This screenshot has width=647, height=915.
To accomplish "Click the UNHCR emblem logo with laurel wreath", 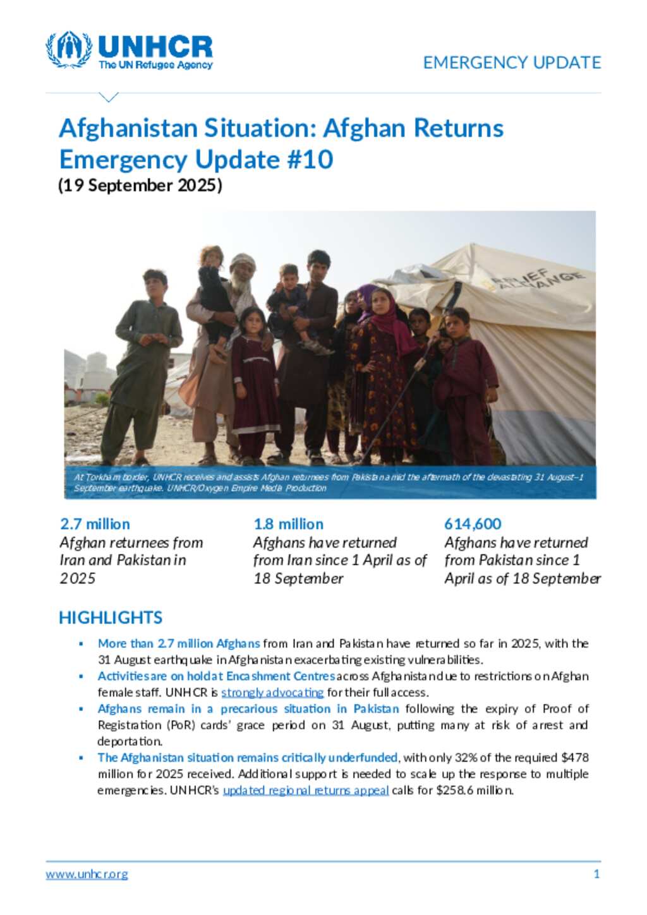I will (x=68, y=50).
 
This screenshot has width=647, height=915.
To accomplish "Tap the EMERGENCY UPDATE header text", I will (x=512, y=63).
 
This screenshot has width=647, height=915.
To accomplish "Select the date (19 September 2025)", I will (x=140, y=185).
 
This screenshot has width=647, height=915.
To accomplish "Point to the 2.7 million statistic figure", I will (x=95, y=524).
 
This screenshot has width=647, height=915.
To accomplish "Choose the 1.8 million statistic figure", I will (x=288, y=524).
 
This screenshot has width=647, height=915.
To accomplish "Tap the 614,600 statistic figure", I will (x=473, y=524).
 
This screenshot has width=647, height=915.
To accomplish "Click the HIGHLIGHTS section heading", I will (x=111, y=617).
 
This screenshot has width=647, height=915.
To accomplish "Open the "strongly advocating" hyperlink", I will (x=272, y=693).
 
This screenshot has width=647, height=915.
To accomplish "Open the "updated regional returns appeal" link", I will (x=306, y=791).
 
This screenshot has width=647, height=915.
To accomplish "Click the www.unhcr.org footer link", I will (x=87, y=875).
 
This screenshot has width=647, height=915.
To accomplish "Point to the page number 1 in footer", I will (x=596, y=875).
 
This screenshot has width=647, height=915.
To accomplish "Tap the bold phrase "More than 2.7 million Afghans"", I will (x=179, y=643).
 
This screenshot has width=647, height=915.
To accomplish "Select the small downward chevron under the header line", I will (x=109, y=97).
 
